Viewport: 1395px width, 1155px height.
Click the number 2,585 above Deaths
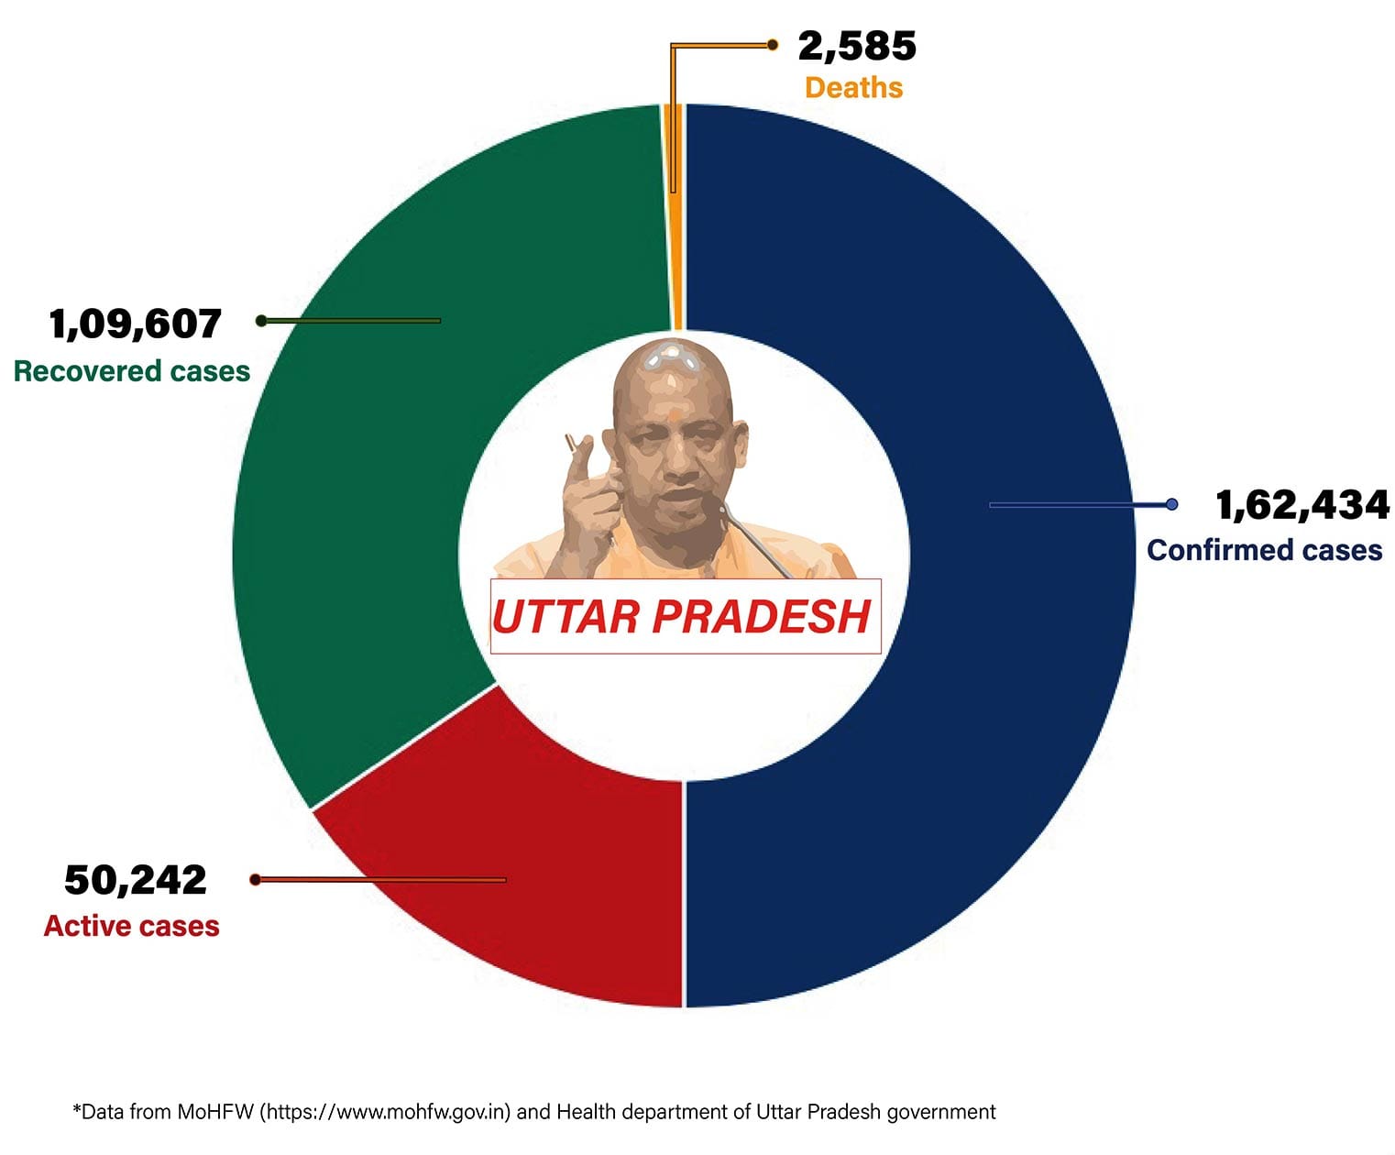click(x=856, y=46)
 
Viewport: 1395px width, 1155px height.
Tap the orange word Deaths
click(x=853, y=88)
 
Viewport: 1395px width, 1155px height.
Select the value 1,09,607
click(x=135, y=324)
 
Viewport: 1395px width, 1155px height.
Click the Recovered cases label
click(x=131, y=371)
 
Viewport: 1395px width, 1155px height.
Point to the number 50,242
click(x=135, y=880)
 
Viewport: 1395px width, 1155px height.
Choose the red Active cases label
click(x=131, y=926)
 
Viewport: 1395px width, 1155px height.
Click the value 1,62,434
click(x=1302, y=505)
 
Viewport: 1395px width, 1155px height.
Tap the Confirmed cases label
click(x=1264, y=550)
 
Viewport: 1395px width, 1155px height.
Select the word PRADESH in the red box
click(x=761, y=617)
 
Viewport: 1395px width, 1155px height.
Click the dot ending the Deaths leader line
click(x=773, y=44)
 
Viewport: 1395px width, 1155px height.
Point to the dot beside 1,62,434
click(x=1171, y=504)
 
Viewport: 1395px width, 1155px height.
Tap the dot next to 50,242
click(x=256, y=880)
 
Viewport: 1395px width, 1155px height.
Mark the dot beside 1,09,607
click(x=261, y=321)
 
